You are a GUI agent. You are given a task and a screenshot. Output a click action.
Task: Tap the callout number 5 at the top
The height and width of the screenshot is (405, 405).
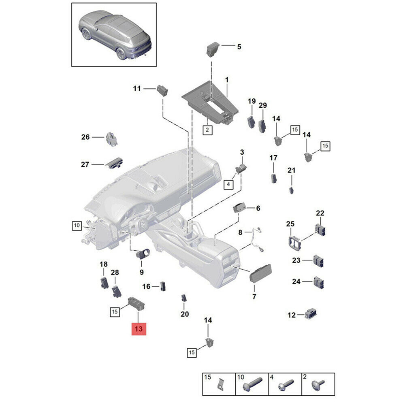[x=239, y=47]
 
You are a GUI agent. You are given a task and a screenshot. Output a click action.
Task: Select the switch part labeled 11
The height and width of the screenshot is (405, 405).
[x=162, y=90]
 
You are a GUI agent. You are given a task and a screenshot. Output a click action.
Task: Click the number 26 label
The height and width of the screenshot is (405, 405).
[x=85, y=137]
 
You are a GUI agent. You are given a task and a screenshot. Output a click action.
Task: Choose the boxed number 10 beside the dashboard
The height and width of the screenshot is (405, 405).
[x=77, y=225]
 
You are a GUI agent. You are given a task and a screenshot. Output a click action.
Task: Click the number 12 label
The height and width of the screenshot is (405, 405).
[x=292, y=315]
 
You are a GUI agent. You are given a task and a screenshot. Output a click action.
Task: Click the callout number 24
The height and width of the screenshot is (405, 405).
[x=296, y=281]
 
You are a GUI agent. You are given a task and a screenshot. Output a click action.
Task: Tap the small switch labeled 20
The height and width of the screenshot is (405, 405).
[x=184, y=298]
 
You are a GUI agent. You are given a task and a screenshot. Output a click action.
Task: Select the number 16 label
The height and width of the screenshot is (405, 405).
[x=146, y=287]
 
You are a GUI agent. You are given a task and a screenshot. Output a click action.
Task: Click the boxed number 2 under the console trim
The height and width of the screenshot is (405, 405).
[x=207, y=130]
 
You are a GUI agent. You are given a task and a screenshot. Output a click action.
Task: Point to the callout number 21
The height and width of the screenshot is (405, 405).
[x=292, y=170]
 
